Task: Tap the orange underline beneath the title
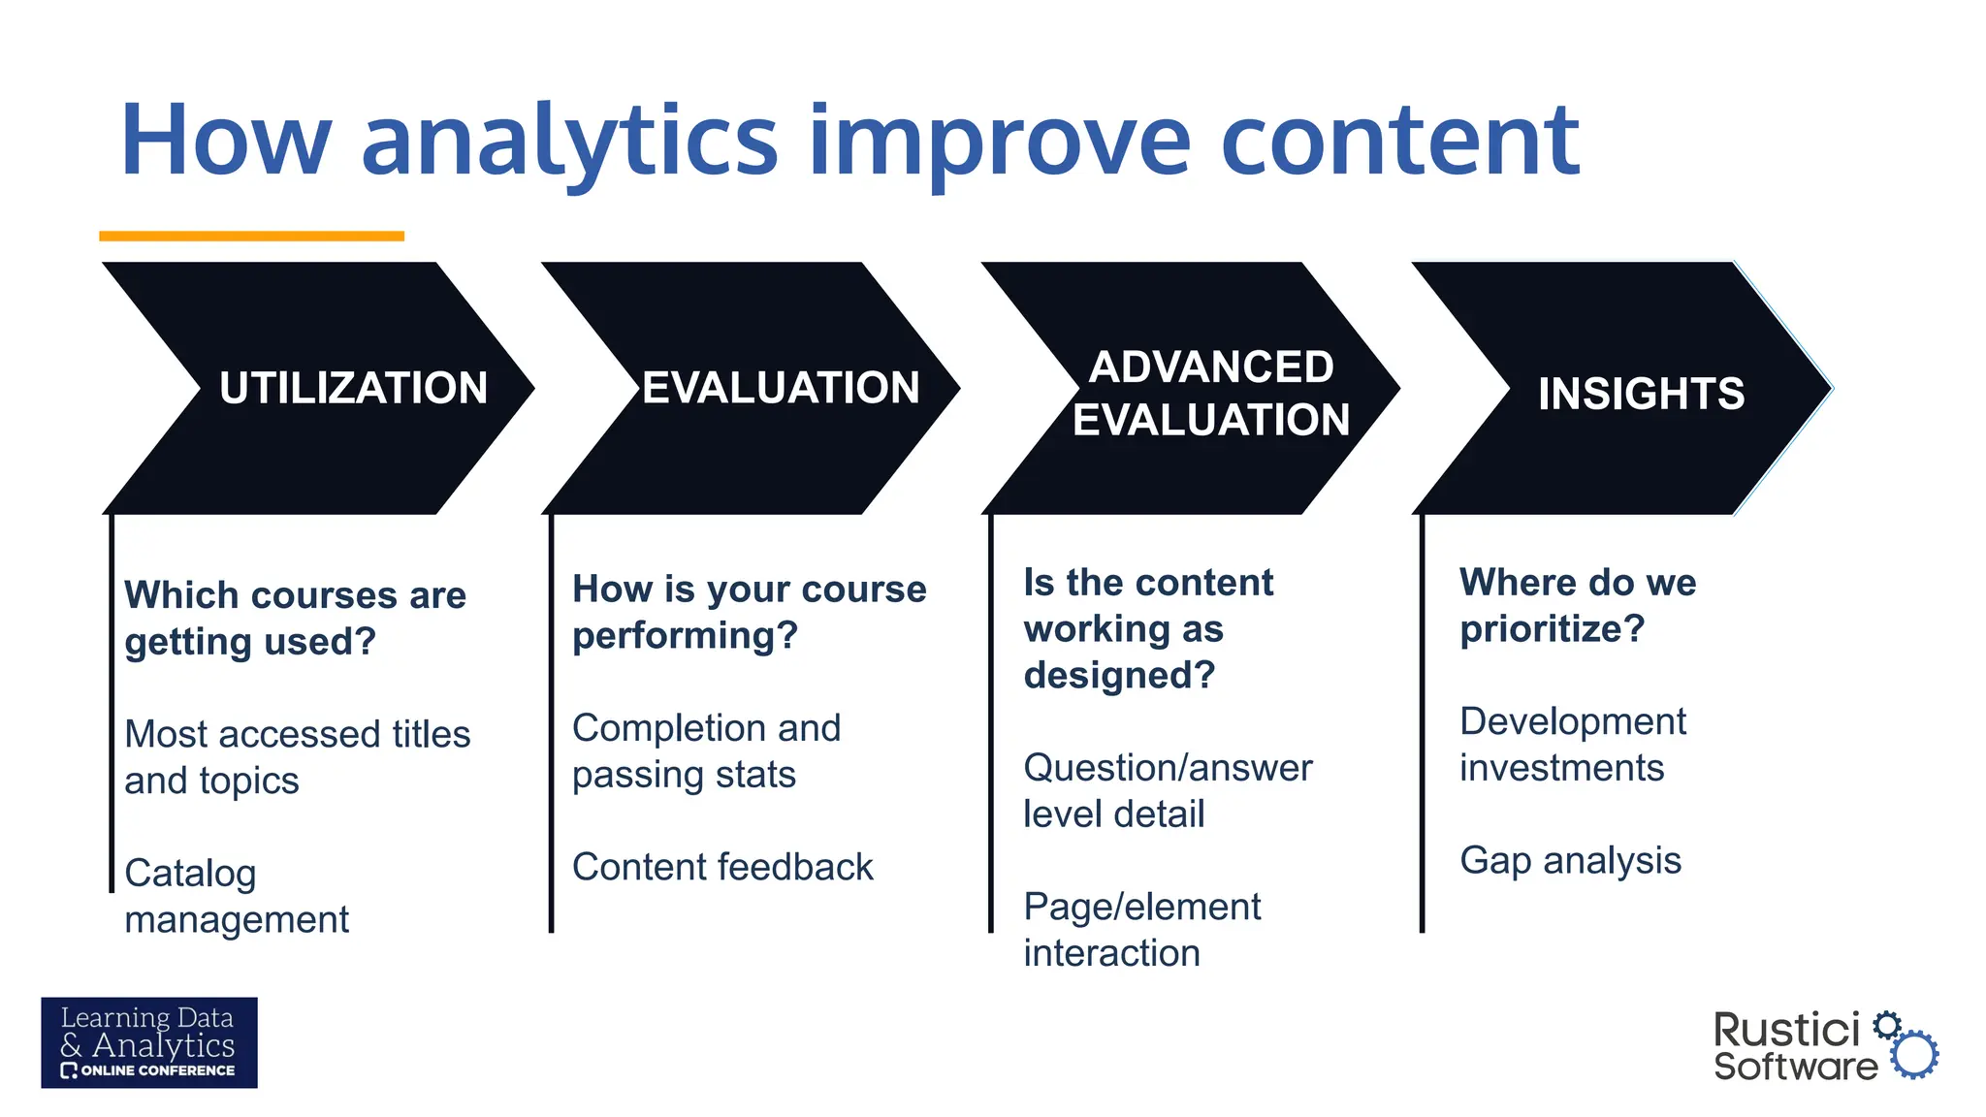click(251, 236)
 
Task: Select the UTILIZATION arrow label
click(353, 388)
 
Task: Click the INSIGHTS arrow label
click(1641, 394)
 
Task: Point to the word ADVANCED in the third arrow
click(1211, 367)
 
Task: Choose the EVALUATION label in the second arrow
click(781, 388)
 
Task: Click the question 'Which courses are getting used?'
click(295, 618)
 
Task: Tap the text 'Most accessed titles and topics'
click(297, 756)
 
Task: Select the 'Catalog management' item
click(237, 895)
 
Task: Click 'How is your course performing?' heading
click(749, 612)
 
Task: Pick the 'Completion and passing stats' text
click(706, 750)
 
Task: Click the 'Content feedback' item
click(722, 867)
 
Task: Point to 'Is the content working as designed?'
click(1148, 628)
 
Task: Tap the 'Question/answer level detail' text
click(1167, 790)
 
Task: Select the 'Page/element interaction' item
click(1141, 929)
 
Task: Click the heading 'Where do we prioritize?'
click(1577, 605)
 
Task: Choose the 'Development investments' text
click(1572, 744)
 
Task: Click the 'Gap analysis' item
click(1570, 860)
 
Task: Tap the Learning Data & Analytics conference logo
click(149, 1042)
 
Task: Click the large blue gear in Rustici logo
click(1914, 1055)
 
